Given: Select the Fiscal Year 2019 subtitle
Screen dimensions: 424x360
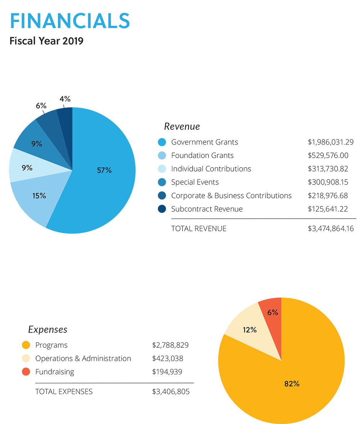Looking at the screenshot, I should [x=46, y=41].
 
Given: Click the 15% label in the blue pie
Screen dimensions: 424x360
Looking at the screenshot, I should [x=39, y=196].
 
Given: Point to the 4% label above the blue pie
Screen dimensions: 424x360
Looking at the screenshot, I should [x=65, y=99].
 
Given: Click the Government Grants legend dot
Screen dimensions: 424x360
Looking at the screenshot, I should [x=162, y=142].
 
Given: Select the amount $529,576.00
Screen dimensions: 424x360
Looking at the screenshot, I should [x=328, y=155].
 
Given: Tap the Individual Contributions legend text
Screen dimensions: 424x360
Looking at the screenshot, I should [x=211, y=169].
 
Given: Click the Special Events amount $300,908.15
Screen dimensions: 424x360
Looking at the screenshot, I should [x=328, y=182].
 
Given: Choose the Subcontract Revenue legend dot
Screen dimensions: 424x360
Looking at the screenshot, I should [x=162, y=209].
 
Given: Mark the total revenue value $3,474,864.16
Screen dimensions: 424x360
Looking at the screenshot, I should [x=331, y=228].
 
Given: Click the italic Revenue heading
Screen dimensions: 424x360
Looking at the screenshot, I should [x=182, y=127].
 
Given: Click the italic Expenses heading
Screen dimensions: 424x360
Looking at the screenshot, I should [x=48, y=329].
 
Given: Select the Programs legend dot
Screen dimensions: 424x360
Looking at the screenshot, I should [x=26, y=345].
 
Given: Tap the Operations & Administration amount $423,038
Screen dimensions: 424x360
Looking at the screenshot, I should [x=167, y=359].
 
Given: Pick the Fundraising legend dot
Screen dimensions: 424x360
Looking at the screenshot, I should [x=26, y=372].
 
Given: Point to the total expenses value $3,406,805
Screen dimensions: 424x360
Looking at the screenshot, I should [x=171, y=392].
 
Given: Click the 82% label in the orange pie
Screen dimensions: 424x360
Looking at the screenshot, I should [x=292, y=384].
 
